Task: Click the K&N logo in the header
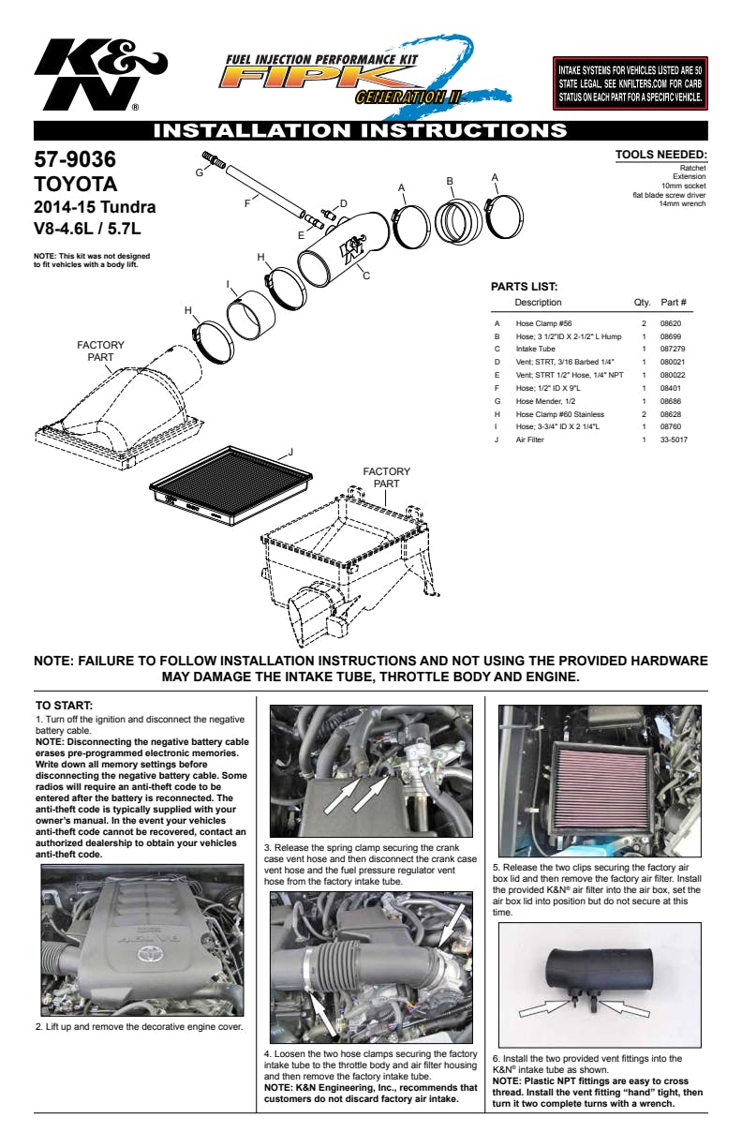[x=100, y=75]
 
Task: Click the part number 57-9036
[x=75, y=159]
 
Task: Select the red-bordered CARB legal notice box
[x=630, y=83]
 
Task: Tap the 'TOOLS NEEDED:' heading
[x=661, y=155]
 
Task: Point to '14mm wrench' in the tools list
[x=682, y=203]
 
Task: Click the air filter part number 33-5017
[x=674, y=439]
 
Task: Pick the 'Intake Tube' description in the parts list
[x=535, y=349]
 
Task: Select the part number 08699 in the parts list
[x=670, y=336]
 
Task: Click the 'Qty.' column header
[x=642, y=302]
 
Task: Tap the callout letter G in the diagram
[x=200, y=172]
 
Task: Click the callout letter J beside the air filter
[x=290, y=452]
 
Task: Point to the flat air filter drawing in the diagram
[x=231, y=484]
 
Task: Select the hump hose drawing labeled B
[x=458, y=221]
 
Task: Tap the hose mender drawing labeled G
[x=214, y=158]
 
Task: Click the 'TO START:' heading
[x=64, y=706]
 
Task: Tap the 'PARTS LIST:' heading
[x=524, y=287]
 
